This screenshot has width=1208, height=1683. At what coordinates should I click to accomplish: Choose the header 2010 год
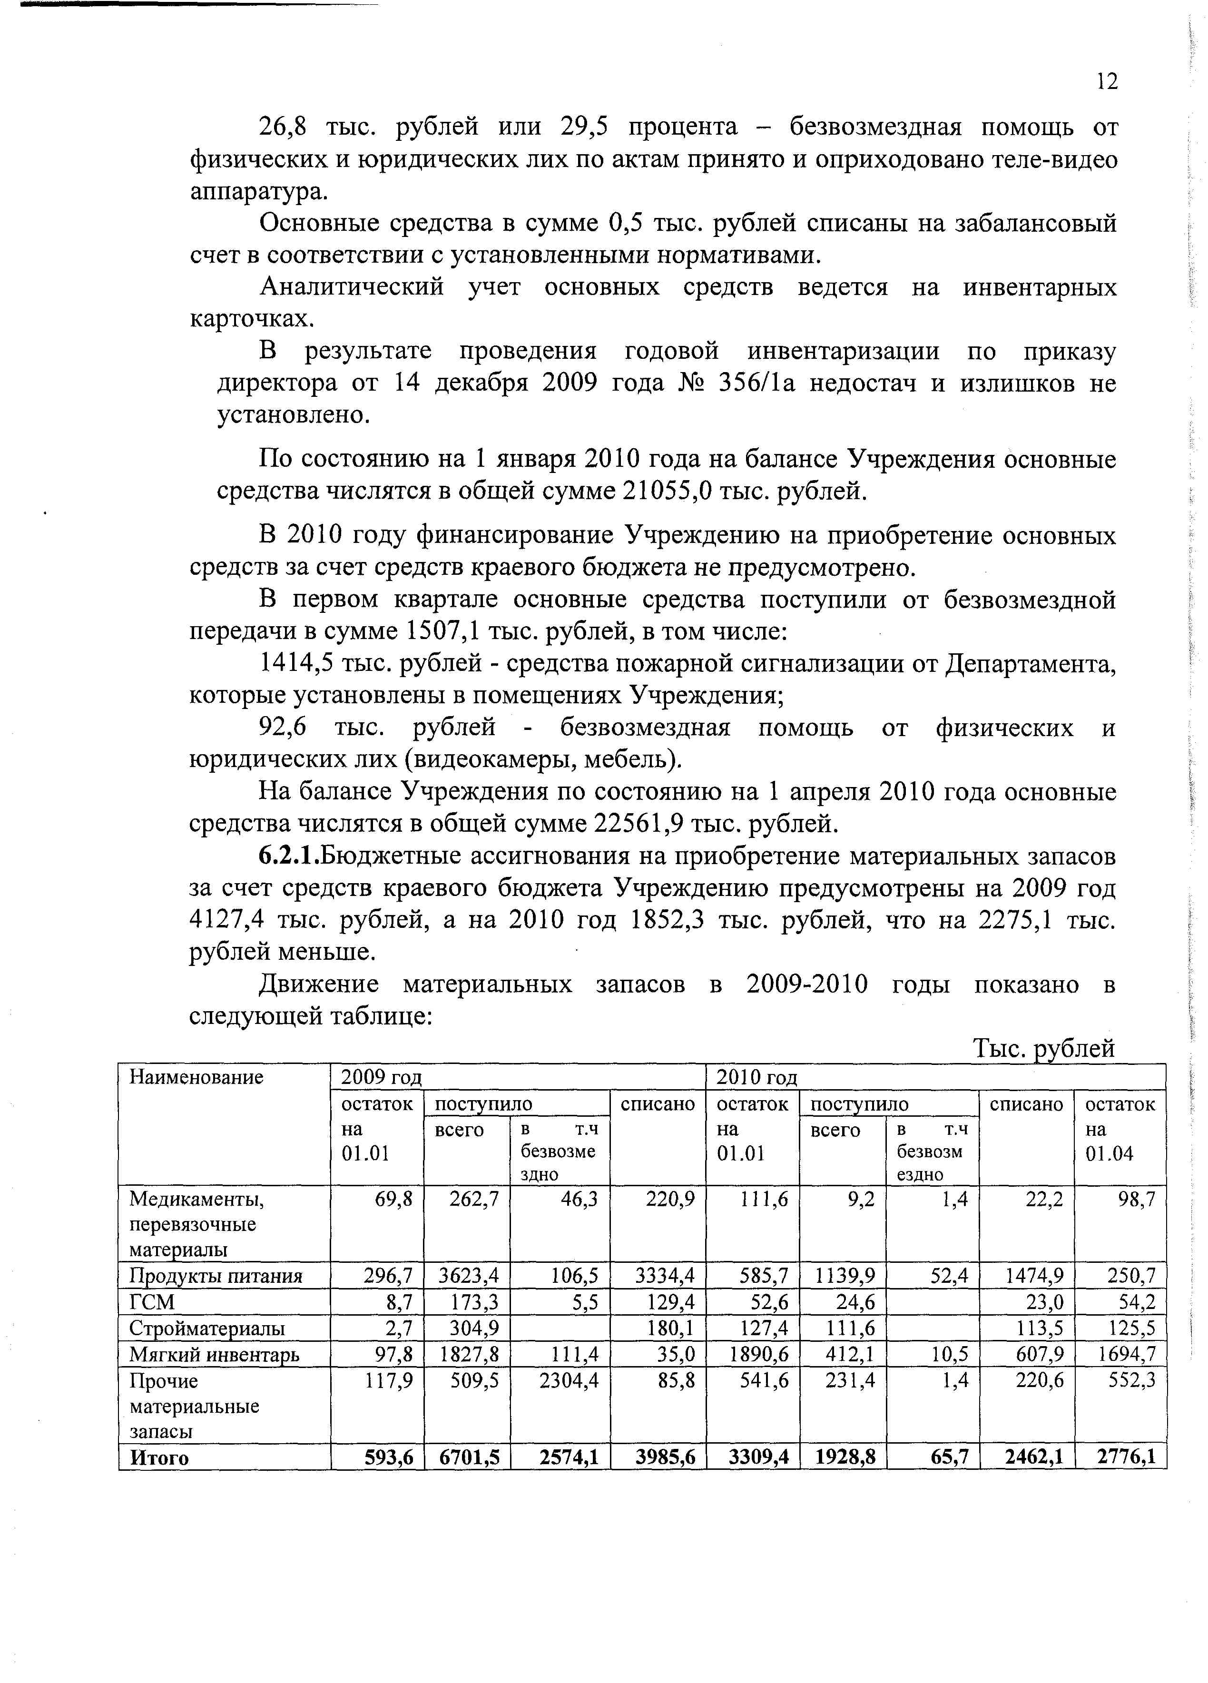[756, 1077]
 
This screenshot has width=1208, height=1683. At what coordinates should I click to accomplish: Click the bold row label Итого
[159, 1457]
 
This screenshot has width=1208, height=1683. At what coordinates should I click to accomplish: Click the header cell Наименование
[196, 1077]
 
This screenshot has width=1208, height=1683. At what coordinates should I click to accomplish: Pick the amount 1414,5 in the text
[295, 663]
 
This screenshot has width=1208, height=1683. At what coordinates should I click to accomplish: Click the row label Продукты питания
[215, 1276]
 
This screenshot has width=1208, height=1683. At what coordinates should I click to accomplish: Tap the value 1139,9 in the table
[845, 1276]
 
